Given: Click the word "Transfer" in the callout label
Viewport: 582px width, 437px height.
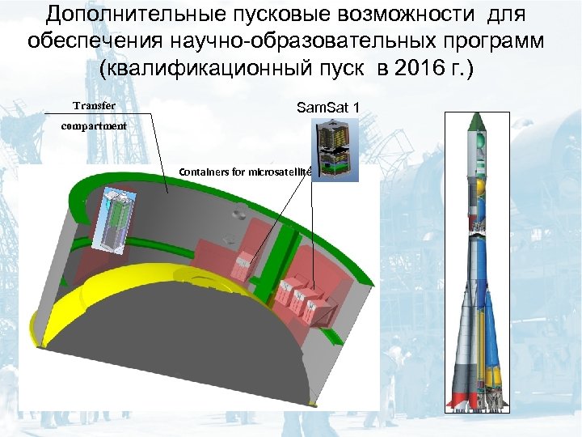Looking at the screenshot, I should (x=94, y=106).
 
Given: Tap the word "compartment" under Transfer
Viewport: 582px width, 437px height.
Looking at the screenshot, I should (x=95, y=126).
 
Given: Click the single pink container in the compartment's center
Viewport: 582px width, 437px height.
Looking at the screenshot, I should (x=243, y=261).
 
